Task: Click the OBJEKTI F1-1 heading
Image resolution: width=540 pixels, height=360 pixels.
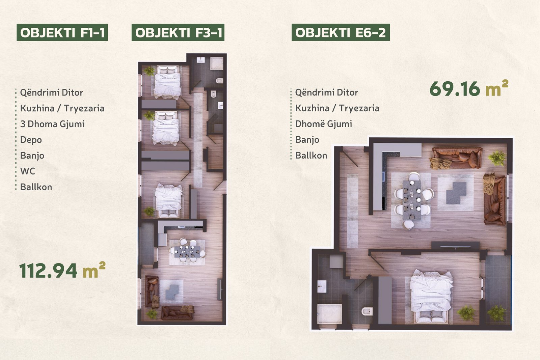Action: (x=62, y=32)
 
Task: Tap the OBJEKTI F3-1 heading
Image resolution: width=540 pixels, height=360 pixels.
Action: (x=178, y=32)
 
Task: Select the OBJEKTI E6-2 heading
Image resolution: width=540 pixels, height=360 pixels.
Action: (x=341, y=32)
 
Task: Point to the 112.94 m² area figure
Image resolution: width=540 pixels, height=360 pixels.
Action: (x=62, y=270)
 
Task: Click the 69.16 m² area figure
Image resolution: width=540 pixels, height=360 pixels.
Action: (x=469, y=88)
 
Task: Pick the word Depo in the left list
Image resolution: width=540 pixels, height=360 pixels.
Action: (x=31, y=140)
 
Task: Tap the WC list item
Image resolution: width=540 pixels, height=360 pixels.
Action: (x=28, y=171)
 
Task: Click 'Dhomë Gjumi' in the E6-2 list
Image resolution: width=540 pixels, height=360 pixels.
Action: (x=324, y=124)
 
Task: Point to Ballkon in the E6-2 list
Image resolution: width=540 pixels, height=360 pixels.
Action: (x=311, y=156)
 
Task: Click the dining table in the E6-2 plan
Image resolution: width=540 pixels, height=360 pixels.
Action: (x=412, y=200)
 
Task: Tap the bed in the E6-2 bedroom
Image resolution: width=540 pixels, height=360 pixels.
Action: (x=431, y=296)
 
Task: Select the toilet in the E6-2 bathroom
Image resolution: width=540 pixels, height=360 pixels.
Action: (x=367, y=311)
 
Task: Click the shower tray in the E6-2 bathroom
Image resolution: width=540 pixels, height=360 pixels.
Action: (x=329, y=314)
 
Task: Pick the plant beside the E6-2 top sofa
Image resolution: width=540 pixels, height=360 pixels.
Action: (x=497, y=158)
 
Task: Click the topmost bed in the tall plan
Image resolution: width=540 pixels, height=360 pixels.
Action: (x=167, y=82)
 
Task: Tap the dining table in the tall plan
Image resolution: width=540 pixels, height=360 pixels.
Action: (x=187, y=252)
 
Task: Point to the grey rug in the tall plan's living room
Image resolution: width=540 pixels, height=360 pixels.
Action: (x=172, y=292)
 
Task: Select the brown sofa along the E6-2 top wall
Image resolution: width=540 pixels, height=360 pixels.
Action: (x=457, y=158)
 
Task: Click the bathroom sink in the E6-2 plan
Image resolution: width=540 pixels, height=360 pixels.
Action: (x=322, y=286)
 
